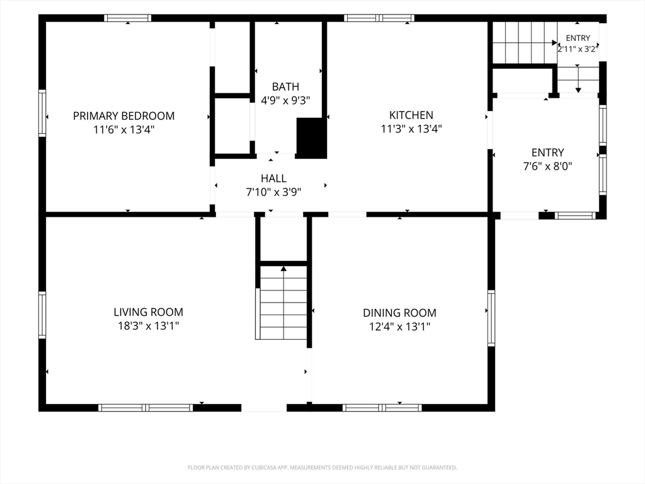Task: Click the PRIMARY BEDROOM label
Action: [x=124, y=116]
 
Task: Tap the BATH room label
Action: [x=285, y=86]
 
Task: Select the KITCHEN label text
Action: [x=411, y=115]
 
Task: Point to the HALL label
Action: [x=273, y=178]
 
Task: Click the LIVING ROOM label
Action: [x=149, y=312]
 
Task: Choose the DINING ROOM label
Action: [x=399, y=313]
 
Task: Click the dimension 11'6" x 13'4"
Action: [x=124, y=130]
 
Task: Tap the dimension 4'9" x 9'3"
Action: [x=285, y=100]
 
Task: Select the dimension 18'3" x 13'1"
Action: [x=149, y=326]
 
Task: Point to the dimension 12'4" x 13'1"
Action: [x=399, y=327]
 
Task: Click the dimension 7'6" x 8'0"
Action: [x=547, y=166]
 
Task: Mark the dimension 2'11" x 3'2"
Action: [x=578, y=49]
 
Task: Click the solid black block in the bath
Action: [x=311, y=138]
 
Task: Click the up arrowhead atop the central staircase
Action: [x=283, y=268]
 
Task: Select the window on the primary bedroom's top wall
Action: [x=127, y=18]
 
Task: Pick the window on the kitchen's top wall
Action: [x=379, y=18]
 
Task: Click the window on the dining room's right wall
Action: [x=491, y=318]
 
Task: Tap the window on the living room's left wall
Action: [x=42, y=315]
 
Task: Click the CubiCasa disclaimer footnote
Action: [x=322, y=468]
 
